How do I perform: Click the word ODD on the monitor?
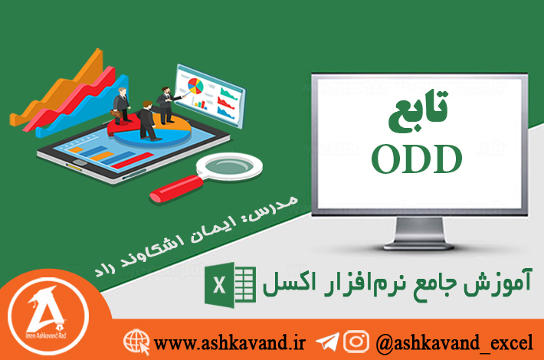(x=417, y=159)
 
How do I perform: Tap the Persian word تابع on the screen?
(x=418, y=111)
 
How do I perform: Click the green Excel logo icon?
(x=230, y=286)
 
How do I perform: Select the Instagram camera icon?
(x=356, y=342)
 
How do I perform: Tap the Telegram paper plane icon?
(x=327, y=342)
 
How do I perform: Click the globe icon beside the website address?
(x=136, y=342)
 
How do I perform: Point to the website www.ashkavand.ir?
(x=229, y=343)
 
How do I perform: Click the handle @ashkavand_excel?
(x=454, y=343)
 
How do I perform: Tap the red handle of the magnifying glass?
(x=176, y=188)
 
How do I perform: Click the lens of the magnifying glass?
(x=229, y=166)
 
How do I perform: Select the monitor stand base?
(x=419, y=246)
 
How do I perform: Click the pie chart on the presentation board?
(x=195, y=86)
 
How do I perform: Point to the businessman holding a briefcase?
(x=121, y=106)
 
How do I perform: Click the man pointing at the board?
(x=165, y=105)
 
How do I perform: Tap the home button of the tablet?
(x=80, y=163)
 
